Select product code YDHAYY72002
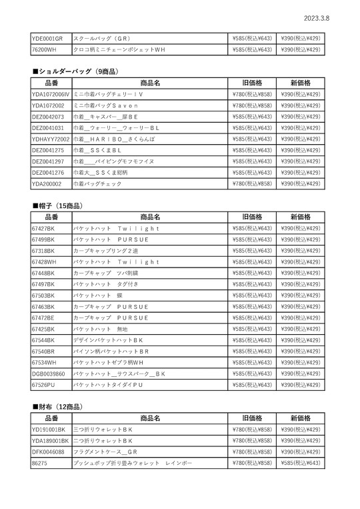(51, 139)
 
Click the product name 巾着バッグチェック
(98, 183)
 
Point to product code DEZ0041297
(48, 161)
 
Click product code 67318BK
(43, 251)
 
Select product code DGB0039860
(48, 374)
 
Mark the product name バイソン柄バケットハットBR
(111, 352)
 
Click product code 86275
(39, 463)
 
